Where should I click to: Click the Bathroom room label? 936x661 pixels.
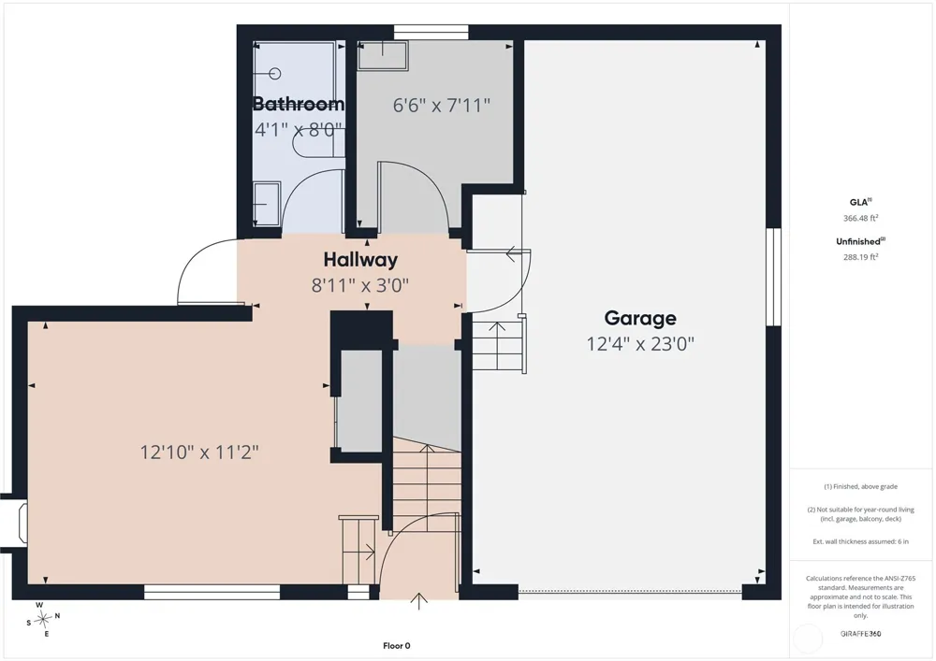pos(299,104)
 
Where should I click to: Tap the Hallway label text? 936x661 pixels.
pos(360,260)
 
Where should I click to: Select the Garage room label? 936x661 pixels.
pos(640,318)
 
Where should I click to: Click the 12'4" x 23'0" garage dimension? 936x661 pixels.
pos(640,344)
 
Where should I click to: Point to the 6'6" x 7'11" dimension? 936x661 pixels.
pos(442,106)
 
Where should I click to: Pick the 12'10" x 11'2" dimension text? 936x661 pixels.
pos(199,453)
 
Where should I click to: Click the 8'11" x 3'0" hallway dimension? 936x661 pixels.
pos(360,285)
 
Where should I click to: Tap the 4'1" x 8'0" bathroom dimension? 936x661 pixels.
pos(299,129)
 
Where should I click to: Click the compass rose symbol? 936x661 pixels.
pos(43,620)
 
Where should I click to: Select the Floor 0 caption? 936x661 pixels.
pos(396,645)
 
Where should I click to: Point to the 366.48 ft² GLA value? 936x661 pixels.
pos(861,218)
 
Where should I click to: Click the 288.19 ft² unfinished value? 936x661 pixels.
pos(861,257)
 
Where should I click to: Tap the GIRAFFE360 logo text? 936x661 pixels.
pos(860,634)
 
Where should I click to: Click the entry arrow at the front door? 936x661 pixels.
pos(419,601)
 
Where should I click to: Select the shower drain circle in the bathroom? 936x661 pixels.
pos(274,73)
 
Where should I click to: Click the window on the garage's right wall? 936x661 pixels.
pos(774,277)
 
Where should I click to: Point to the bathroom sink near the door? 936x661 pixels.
pos(267,203)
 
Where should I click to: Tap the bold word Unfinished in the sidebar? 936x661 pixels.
pos(857,241)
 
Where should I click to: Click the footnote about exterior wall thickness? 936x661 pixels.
pos(861,541)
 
